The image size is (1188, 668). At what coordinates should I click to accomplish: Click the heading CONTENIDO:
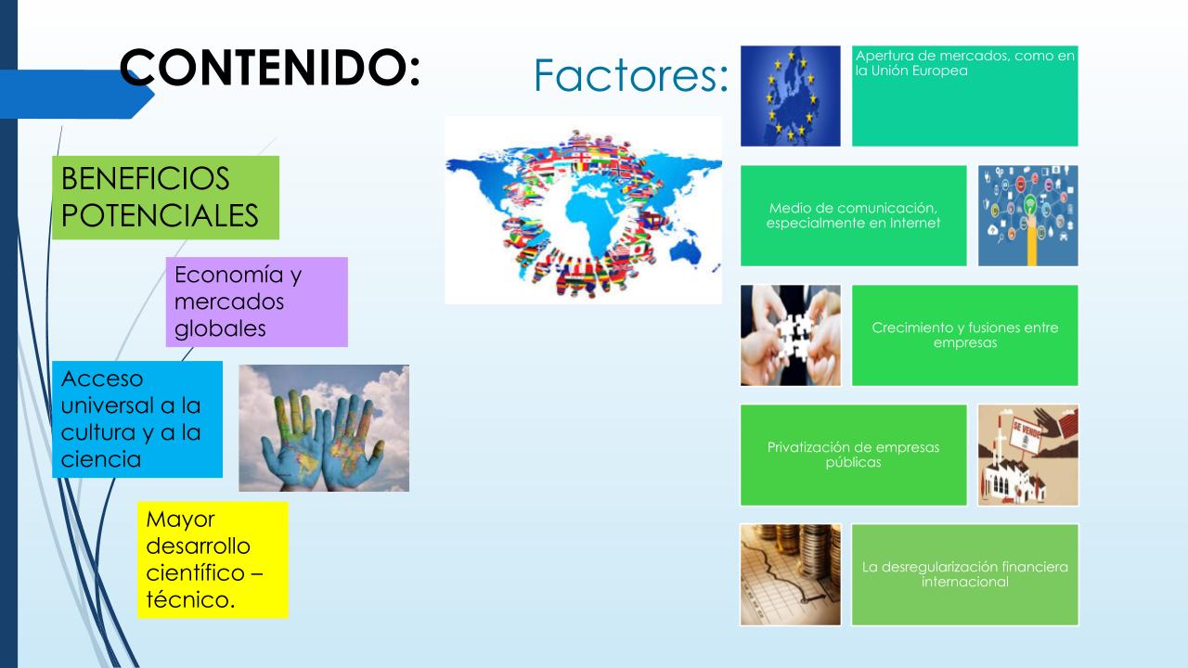click(270, 68)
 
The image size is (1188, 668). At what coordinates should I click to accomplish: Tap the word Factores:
click(630, 75)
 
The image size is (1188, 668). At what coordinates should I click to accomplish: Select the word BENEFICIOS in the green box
click(146, 178)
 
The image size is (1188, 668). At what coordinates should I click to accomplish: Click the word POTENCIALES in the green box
click(160, 215)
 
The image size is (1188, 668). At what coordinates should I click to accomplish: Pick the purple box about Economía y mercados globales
click(257, 302)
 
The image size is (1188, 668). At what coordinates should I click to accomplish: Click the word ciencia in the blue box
click(101, 459)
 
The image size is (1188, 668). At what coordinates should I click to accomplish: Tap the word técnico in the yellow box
click(190, 599)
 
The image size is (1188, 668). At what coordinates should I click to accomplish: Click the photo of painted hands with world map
click(324, 428)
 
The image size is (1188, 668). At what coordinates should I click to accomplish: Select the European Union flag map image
click(790, 96)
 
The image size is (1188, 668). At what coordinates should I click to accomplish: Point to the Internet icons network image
click(1027, 216)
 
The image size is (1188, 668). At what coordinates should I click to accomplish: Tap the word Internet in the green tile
click(915, 223)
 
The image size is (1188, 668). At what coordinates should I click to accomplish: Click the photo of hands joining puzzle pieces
click(790, 335)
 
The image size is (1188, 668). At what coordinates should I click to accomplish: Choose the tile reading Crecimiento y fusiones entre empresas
click(964, 335)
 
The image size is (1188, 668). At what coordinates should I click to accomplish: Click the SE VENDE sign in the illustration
click(1026, 435)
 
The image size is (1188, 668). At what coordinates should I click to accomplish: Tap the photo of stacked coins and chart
click(790, 574)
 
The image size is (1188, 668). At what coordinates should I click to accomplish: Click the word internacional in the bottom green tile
click(964, 582)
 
